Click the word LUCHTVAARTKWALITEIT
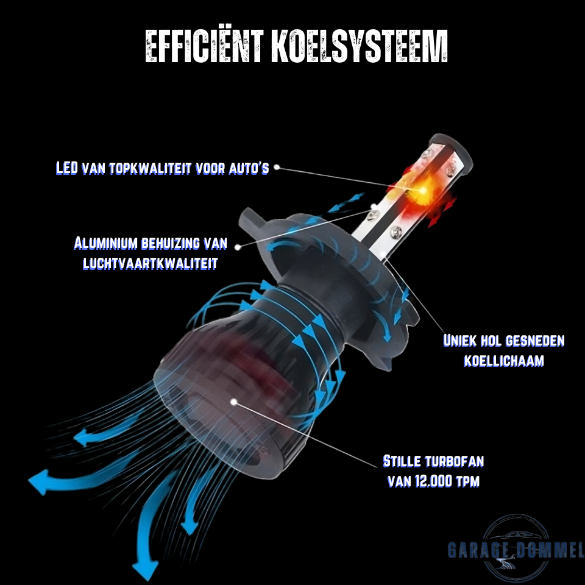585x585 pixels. pyautogui.click(x=150, y=263)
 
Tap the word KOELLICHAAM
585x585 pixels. pyautogui.click(x=503, y=360)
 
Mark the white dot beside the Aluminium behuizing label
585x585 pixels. pyautogui.click(x=238, y=246)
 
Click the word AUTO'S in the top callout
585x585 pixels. pyautogui.click(x=248, y=168)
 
